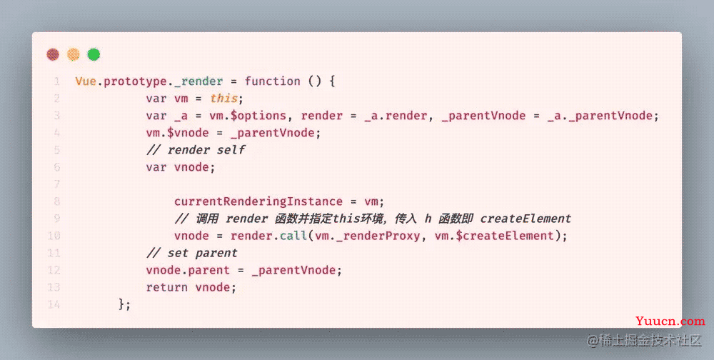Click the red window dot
pyautogui.click(x=53, y=55)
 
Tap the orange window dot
pyautogui.click(x=74, y=55)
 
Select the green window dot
pyautogui.click(x=94, y=55)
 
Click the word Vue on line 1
pyautogui.click(x=86, y=81)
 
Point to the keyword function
pyautogui.click(x=272, y=81)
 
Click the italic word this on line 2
pyautogui.click(x=223, y=99)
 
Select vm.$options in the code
pyautogui.click(x=248, y=116)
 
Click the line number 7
pyautogui.click(x=57, y=184)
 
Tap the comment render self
pyautogui.click(x=196, y=150)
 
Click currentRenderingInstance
pyautogui.click(x=258, y=201)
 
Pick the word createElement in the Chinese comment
pyautogui.click(x=526, y=219)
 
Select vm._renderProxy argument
pyautogui.click(x=367, y=236)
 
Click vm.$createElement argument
pyautogui.click(x=494, y=236)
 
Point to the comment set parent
pyautogui.click(x=191, y=253)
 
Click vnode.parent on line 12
pyautogui.click(x=188, y=270)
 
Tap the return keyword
pyautogui.click(x=167, y=288)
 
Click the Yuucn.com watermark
pyautogui.click(x=670, y=321)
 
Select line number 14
pyautogui.click(x=54, y=304)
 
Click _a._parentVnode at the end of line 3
pyautogui.click(x=600, y=116)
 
